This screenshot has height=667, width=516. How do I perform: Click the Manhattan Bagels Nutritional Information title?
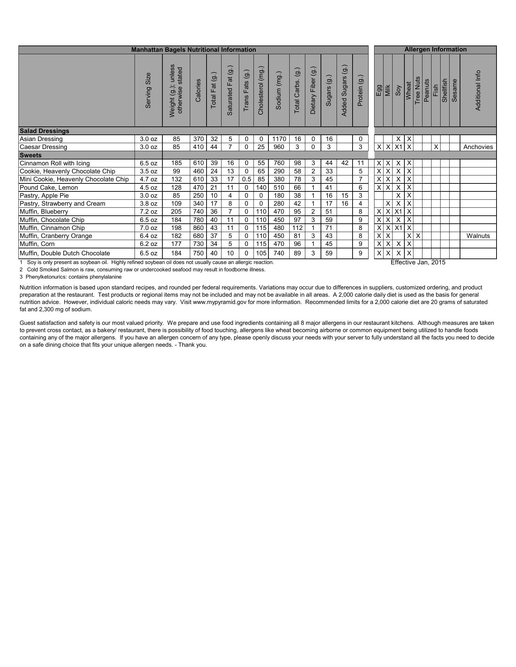193,50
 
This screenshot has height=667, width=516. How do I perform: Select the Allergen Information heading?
435,49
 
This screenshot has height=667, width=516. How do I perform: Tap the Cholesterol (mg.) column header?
261,90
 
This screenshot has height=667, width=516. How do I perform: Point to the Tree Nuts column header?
418,90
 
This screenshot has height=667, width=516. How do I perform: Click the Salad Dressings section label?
45,131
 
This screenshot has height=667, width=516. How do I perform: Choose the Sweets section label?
31,155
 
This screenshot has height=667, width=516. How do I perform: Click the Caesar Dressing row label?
43,147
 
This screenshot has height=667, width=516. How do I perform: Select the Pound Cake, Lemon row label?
49,188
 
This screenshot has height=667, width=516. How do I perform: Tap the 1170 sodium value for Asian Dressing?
279,139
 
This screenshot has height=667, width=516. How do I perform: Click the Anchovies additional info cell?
478,147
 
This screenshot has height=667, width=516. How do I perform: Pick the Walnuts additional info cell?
478,236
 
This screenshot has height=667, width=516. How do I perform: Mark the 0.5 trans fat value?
246,179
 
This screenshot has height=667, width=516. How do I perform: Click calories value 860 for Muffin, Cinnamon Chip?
198,228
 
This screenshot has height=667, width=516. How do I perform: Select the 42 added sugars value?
345,163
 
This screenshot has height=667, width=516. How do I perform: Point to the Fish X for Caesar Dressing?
436,147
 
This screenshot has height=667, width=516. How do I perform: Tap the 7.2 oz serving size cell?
148,212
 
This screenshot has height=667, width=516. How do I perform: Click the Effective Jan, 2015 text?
418,262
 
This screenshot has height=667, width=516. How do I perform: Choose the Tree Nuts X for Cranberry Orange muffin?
418,236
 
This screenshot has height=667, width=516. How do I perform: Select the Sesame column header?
454,91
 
